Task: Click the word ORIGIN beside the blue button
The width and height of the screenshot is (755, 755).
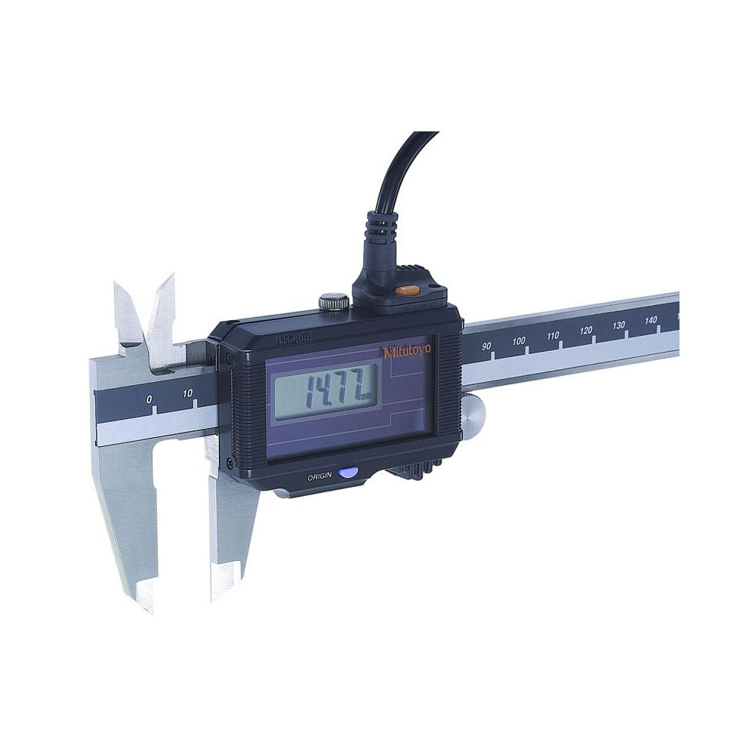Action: pyautogui.click(x=319, y=477)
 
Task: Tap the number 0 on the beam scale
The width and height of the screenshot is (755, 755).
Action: pyautogui.click(x=149, y=398)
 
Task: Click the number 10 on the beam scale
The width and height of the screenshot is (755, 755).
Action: pyautogui.click(x=189, y=393)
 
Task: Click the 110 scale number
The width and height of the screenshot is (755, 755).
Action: pyautogui.click(x=553, y=335)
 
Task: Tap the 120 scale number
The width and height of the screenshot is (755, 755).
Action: pyautogui.click(x=586, y=331)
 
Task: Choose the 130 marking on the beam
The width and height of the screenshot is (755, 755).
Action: pyautogui.click(x=619, y=325)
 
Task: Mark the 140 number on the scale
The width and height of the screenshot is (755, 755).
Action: pyautogui.click(x=651, y=320)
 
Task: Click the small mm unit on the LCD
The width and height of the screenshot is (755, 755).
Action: pyautogui.click(x=365, y=397)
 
